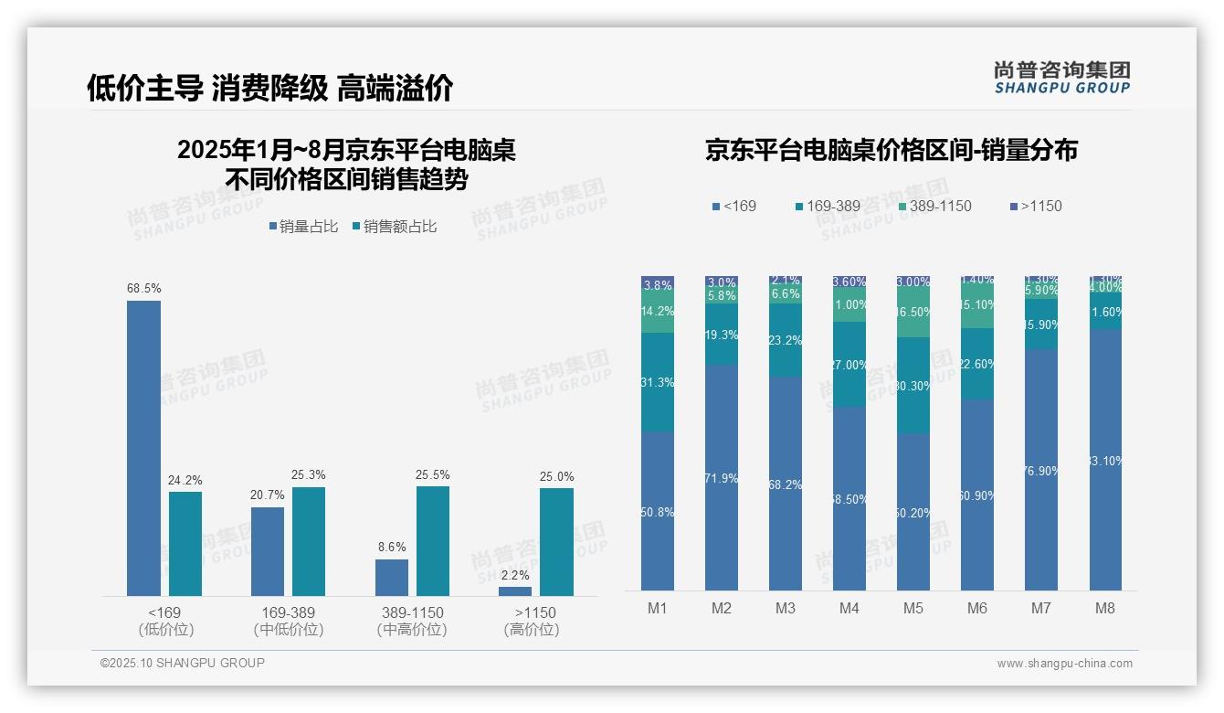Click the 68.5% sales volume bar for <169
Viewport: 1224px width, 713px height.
pyautogui.click(x=143, y=448)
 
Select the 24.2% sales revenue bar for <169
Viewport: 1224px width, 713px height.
pyautogui.click(x=185, y=544)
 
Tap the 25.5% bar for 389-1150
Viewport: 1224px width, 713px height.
pyautogui.click(x=433, y=541)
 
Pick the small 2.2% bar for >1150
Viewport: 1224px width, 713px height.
pyautogui.click(x=515, y=591)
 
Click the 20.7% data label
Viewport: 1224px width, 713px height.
pyautogui.click(x=267, y=495)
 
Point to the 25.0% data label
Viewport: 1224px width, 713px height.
pyautogui.click(x=556, y=476)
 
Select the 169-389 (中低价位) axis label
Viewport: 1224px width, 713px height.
pyautogui.click(x=289, y=621)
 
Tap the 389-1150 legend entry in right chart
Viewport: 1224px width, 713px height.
pyautogui.click(x=933, y=206)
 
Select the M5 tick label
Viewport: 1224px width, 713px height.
pyautogui.click(x=913, y=608)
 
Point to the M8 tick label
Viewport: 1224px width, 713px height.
pyautogui.click(x=1105, y=608)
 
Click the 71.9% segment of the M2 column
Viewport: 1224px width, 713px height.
pyautogui.click(x=722, y=477)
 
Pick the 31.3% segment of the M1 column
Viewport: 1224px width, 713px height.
pyautogui.click(x=658, y=382)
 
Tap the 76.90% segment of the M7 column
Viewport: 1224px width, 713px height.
pyautogui.click(x=1041, y=470)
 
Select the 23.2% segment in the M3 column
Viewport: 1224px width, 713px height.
pyautogui.click(x=786, y=340)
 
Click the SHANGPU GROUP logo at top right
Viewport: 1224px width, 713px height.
pyautogui.click(x=1061, y=77)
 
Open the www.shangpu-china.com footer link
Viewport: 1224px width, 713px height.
pyautogui.click(x=1064, y=664)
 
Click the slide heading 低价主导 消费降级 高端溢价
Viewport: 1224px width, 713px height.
pyautogui.click(x=269, y=88)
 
